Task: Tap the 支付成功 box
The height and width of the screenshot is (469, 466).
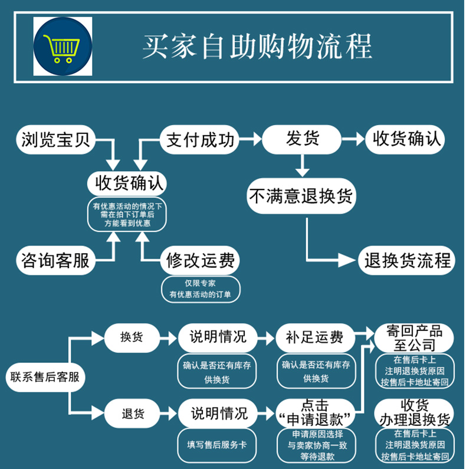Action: [x=200, y=140]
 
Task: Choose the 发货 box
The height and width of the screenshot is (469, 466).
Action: [x=303, y=139]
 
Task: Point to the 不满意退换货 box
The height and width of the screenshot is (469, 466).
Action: [x=301, y=195]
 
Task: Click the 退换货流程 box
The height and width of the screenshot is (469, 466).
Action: [x=406, y=260]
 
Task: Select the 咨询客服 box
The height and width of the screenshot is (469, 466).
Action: [x=55, y=260]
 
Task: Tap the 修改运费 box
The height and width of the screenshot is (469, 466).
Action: [x=201, y=260]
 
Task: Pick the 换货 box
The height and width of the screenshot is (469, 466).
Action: [x=132, y=338]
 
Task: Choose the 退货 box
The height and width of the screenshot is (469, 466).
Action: [x=132, y=412]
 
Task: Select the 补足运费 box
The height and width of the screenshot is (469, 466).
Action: [x=315, y=338]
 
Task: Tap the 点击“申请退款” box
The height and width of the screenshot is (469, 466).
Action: [x=315, y=412]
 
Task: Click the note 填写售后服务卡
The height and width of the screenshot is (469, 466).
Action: [x=217, y=444]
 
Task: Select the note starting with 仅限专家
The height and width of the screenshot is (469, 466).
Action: [x=200, y=288]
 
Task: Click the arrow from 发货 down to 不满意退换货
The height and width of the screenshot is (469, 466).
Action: [x=303, y=165]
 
